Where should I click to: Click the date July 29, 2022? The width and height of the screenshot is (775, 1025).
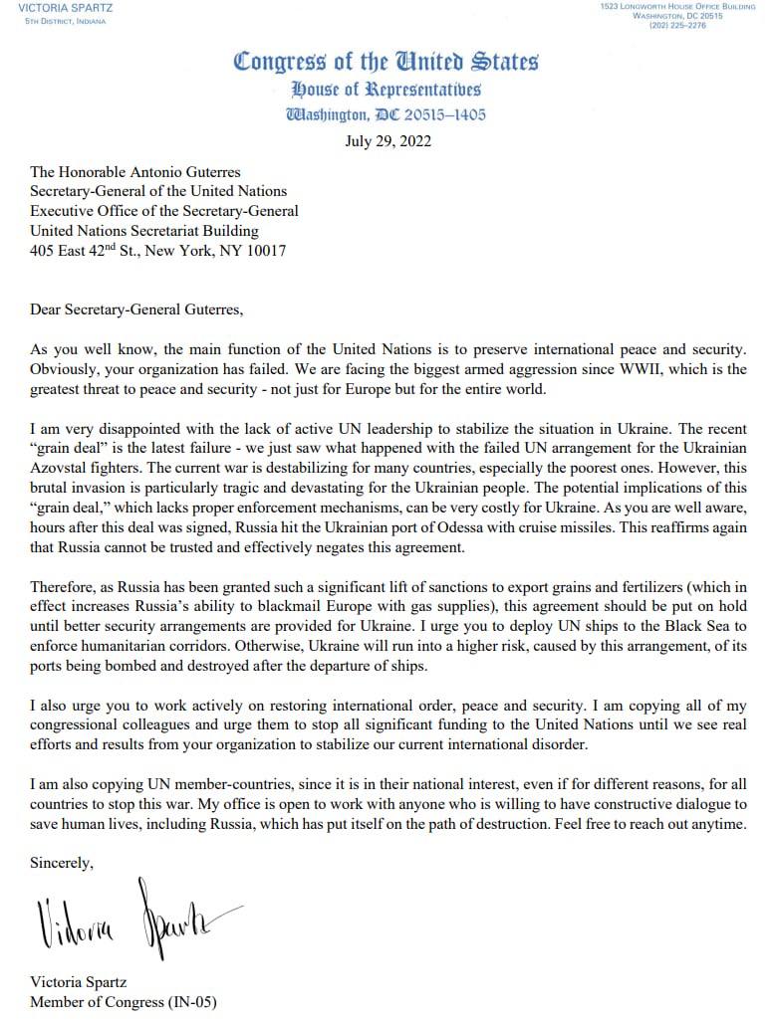click(x=387, y=140)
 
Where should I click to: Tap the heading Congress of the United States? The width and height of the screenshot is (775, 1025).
click(x=387, y=62)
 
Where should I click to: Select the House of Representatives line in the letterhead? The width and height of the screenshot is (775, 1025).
click(x=387, y=90)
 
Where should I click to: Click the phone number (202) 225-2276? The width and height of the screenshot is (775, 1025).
click(x=676, y=26)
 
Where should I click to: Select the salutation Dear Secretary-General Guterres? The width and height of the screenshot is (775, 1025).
click(x=136, y=308)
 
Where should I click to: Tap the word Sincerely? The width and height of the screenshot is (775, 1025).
click(x=62, y=863)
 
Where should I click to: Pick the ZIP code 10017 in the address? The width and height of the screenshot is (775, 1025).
click(x=265, y=251)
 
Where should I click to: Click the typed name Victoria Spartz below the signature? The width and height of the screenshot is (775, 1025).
click(x=79, y=981)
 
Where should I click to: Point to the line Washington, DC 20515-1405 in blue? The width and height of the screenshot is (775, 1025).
click(x=387, y=114)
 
